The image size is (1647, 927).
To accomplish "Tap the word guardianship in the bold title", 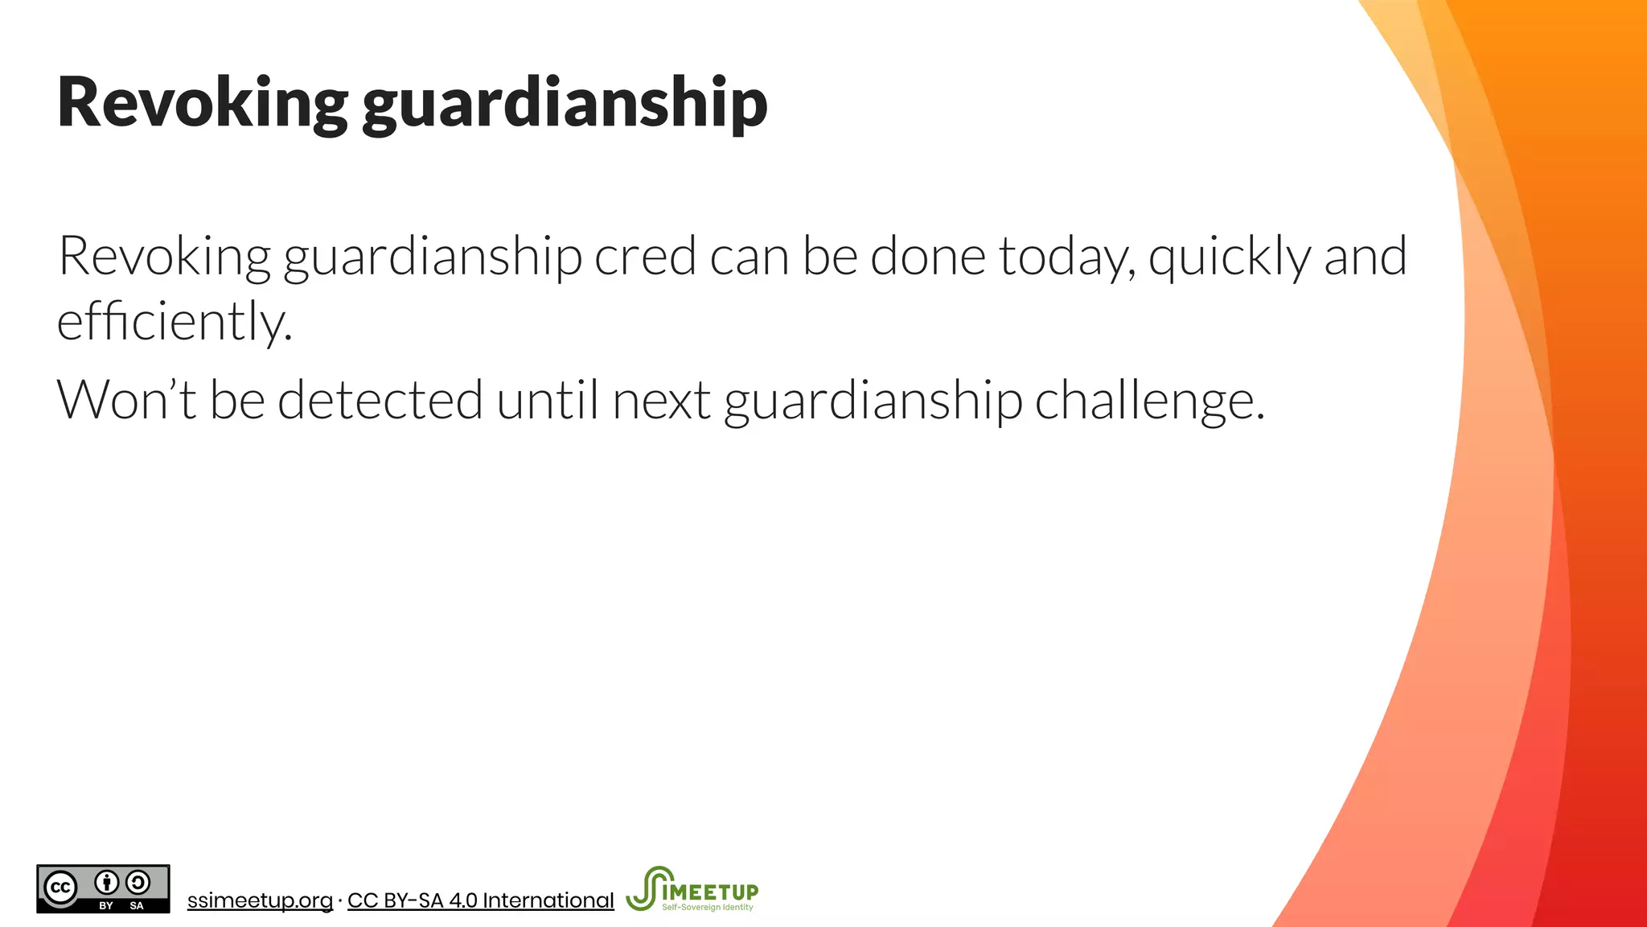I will [565, 105].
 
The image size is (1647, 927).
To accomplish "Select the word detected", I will [380, 399].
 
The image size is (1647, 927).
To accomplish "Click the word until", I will [547, 399].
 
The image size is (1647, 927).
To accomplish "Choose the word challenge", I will [1149, 401].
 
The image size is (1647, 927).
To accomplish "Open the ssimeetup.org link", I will [260, 900].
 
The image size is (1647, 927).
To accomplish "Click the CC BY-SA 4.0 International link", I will [480, 900].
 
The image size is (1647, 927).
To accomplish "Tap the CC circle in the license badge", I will [60, 888].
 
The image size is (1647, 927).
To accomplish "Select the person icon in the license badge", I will [107, 883].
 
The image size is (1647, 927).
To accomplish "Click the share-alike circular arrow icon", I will [138, 883].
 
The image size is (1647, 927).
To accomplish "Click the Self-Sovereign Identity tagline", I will [708, 908].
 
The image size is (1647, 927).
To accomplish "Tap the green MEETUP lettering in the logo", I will [716, 892].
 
